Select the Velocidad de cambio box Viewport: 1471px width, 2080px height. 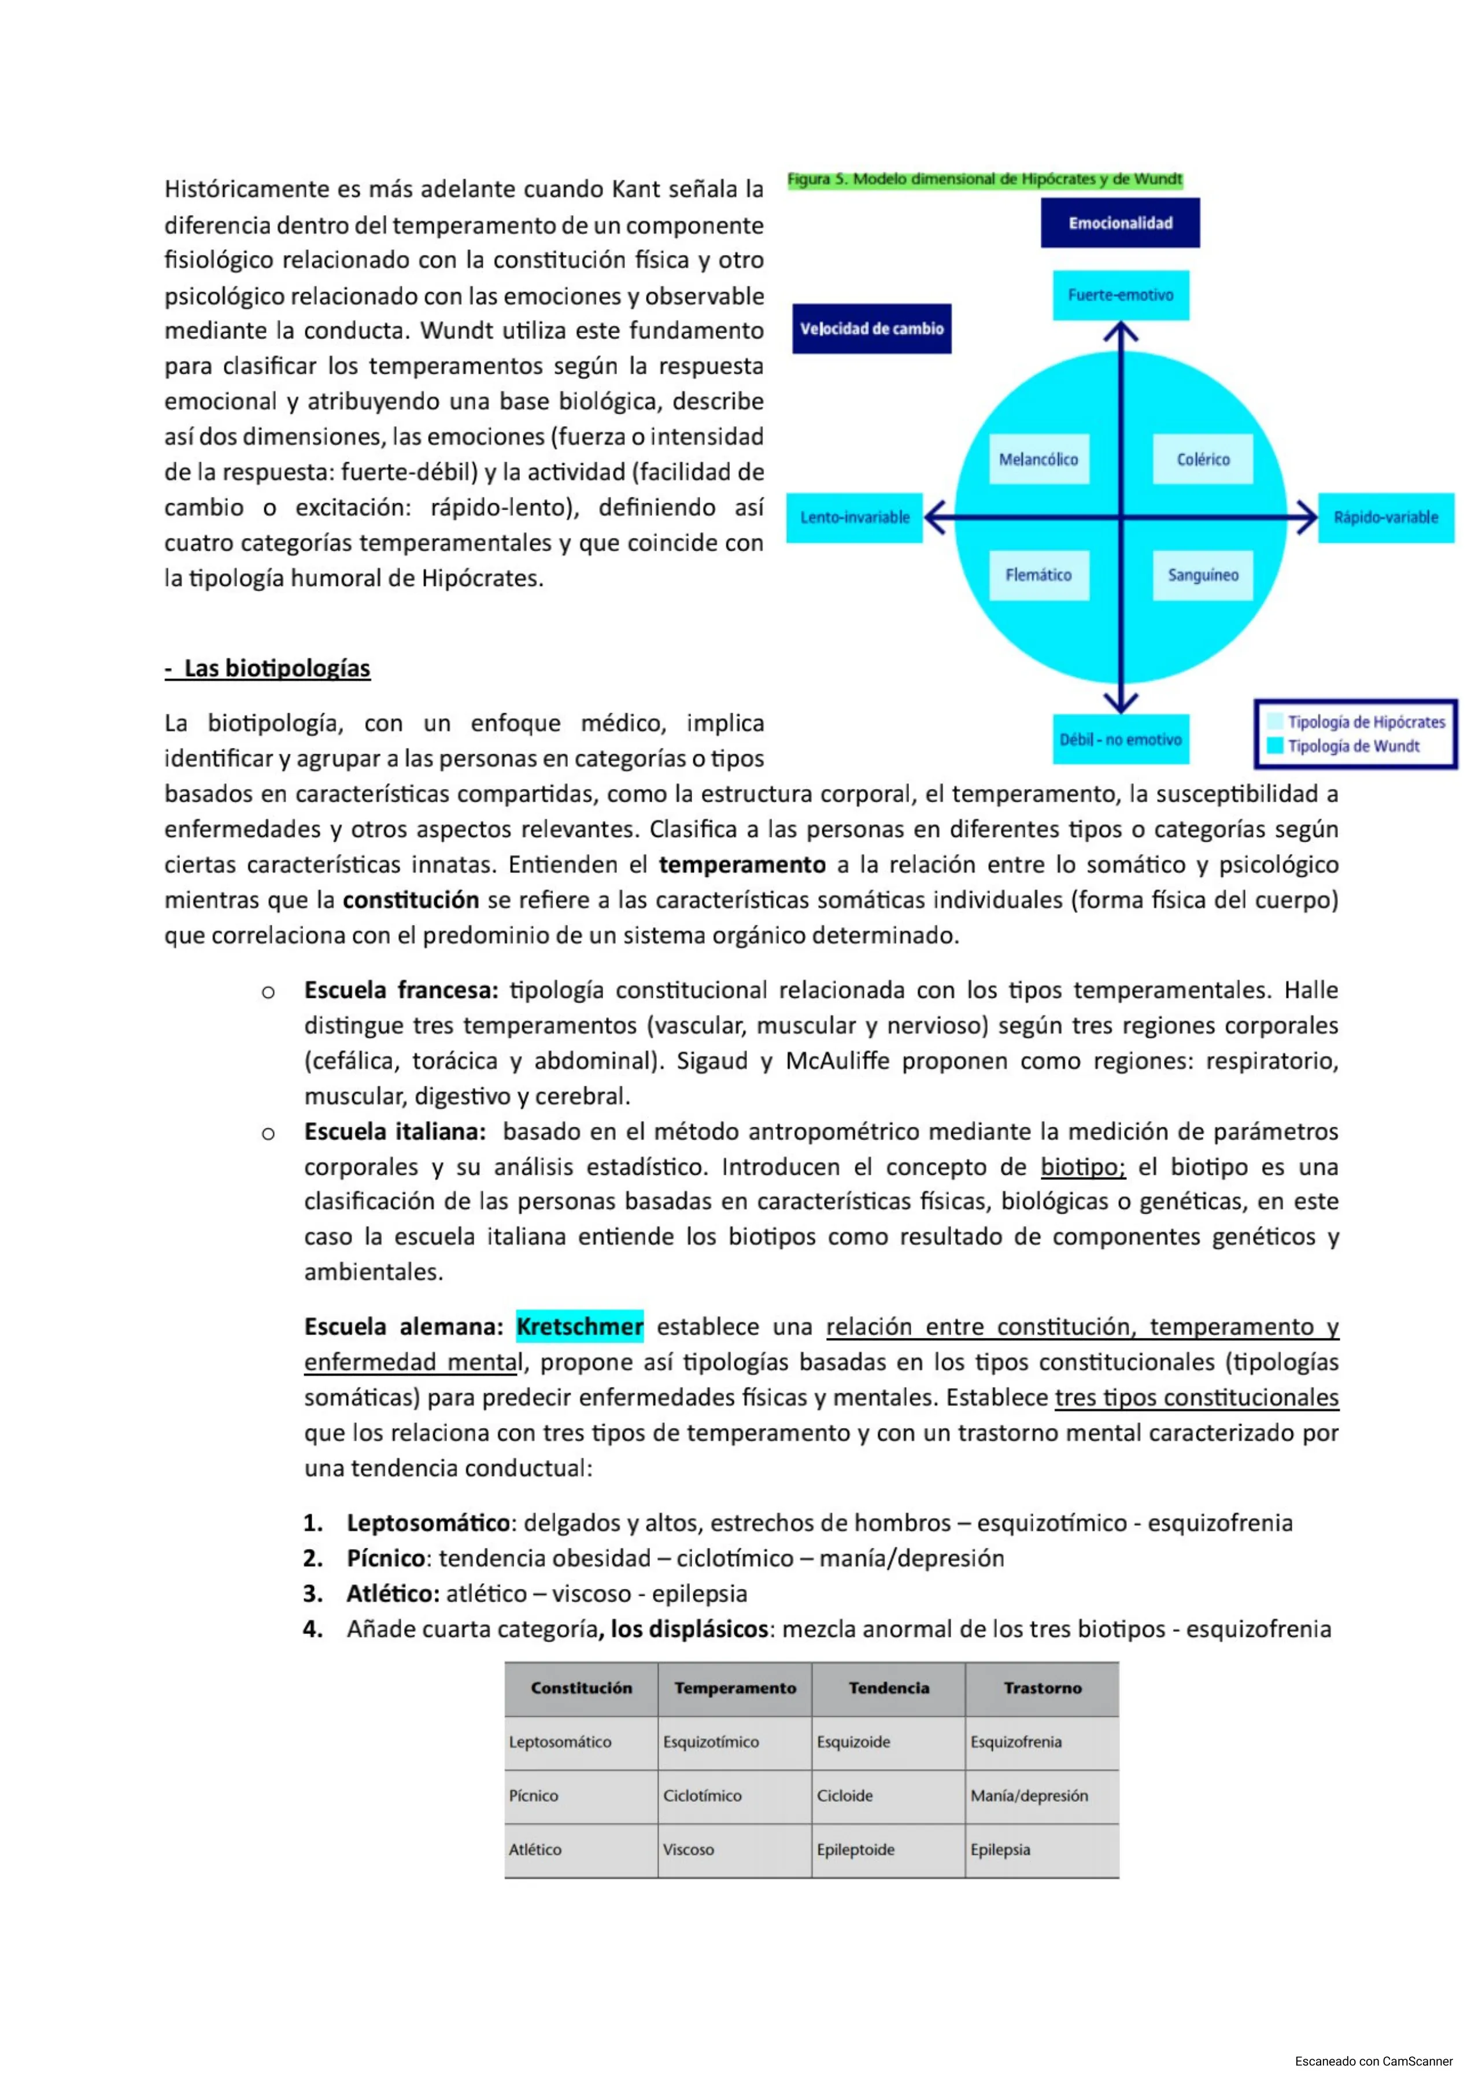871,329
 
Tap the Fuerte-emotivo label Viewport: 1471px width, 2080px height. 1121,296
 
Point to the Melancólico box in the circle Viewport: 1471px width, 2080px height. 1038,459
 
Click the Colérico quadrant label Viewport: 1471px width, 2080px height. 1203,459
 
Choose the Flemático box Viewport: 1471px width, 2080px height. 1038,576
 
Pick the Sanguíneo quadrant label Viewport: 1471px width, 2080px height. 1203,576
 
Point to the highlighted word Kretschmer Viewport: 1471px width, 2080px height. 580,1327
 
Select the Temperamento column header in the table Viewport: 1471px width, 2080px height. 734,1688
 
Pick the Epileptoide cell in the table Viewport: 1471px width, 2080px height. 855,1850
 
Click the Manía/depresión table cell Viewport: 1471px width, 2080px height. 1029,1795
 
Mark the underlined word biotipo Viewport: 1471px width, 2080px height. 1082,1167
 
